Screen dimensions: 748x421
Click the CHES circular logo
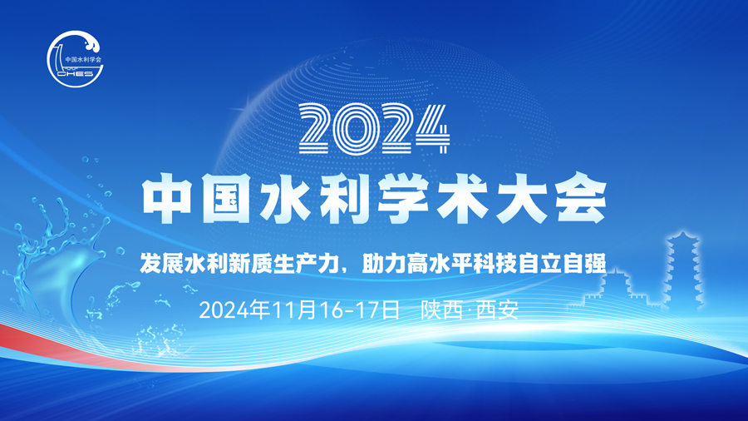click(x=76, y=59)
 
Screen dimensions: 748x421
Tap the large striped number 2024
click(x=375, y=129)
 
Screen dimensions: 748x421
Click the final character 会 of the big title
click(x=581, y=199)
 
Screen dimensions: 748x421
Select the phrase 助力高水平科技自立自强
click(x=484, y=263)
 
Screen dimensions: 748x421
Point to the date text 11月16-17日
click(x=336, y=310)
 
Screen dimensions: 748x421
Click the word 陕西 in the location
click(x=441, y=310)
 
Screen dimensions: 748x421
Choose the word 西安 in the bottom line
click(x=498, y=310)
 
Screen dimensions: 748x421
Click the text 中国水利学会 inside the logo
click(x=83, y=60)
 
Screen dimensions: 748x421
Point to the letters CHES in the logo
click(x=76, y=73)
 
